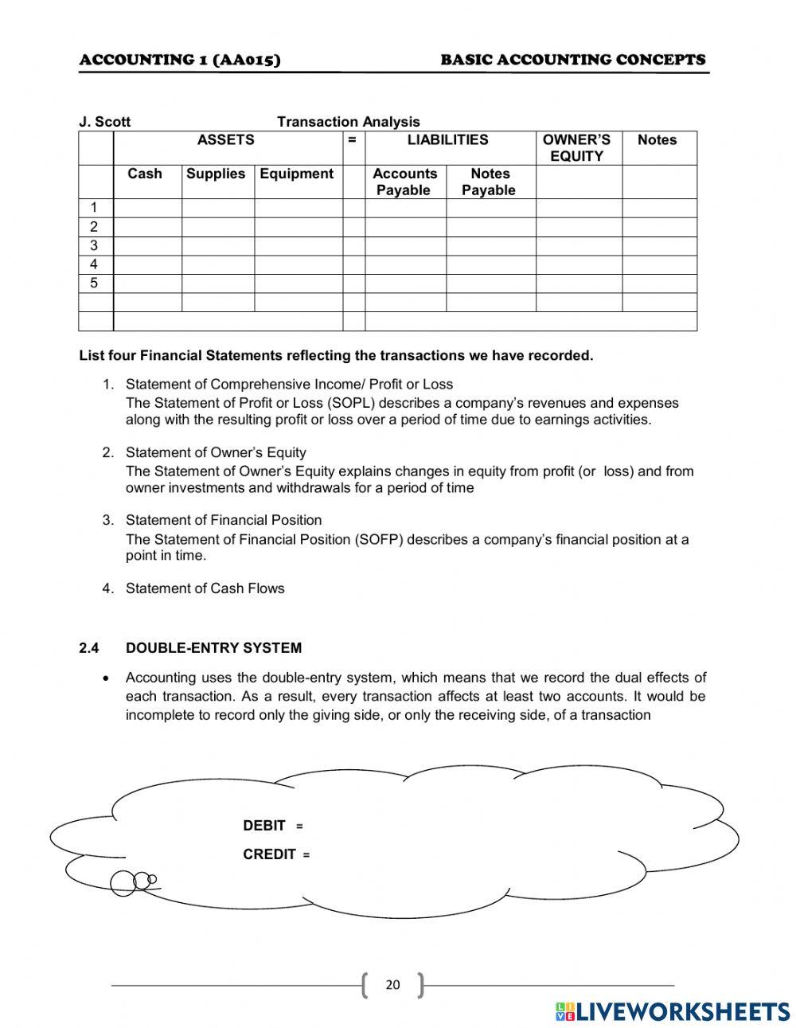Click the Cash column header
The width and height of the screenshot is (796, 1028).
(144, 174)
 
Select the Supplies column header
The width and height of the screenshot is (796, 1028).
(216, 174)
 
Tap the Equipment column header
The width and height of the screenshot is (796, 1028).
(297, 174)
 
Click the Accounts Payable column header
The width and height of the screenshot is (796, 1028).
(404, 182)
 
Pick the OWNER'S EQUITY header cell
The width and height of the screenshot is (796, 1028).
(577, 148)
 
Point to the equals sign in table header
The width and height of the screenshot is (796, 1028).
(352, 140)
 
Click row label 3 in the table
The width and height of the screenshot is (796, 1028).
(94, 245)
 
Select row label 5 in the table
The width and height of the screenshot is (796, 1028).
(94, 283)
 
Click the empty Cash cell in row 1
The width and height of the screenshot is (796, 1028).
(147, 208)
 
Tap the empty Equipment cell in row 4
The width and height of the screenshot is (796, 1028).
(298, 264)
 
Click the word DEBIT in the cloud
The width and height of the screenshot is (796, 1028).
(264, 826)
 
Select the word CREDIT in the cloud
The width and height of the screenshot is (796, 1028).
(269, 854)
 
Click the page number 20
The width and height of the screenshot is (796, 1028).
(392, 985)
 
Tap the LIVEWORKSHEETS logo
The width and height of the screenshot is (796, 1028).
(672, 1011)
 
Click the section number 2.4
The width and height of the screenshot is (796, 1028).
(89, 648)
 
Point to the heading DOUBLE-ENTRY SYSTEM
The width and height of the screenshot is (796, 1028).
(213, 648)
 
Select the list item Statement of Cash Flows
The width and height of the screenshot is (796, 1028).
(205, 588)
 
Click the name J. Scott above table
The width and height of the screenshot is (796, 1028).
(104, 122)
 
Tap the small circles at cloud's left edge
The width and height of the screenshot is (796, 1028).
(131, 881)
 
